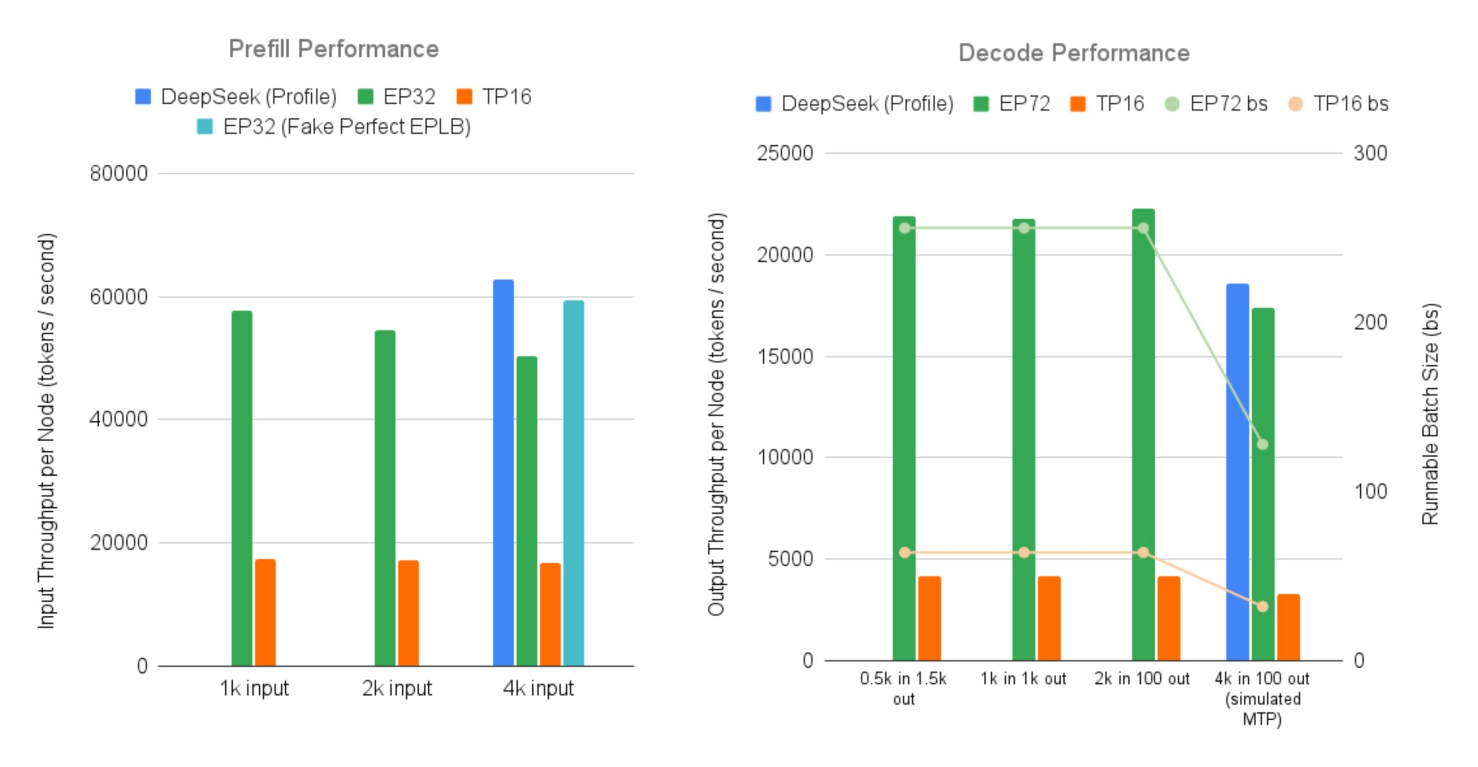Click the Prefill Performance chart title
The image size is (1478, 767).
point(334,49)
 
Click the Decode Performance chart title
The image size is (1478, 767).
point(1074,53)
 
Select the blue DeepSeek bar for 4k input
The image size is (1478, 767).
point(503,473)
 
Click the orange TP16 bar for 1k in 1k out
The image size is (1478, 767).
point(1049,618)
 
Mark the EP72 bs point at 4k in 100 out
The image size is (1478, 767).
point(1263,444)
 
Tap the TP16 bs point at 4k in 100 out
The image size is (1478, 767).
point(1263,607)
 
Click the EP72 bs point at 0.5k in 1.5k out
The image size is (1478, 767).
point(905,229)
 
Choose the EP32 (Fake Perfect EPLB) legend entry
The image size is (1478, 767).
point(334,127)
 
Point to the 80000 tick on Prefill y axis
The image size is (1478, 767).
point(119,173)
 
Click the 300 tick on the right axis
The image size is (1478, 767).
point(1370,153)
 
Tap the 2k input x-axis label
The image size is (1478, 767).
point(397,689)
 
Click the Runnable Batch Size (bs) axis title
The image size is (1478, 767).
point(1430,414)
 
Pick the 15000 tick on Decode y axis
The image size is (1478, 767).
point(785,357)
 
